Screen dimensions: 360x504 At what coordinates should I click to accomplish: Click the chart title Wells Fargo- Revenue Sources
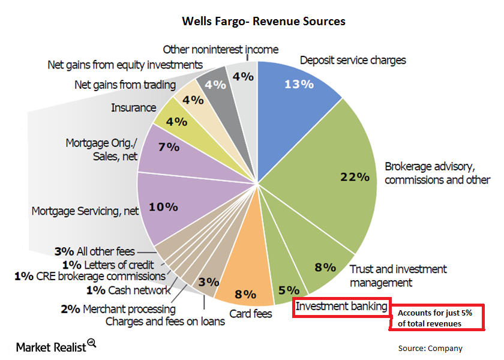(264, 21)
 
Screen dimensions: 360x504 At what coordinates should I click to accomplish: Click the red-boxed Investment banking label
(341, 307)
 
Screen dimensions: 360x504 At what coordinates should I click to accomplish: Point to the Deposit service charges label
(353, 60)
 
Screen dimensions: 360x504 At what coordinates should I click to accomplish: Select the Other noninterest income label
(221, 49)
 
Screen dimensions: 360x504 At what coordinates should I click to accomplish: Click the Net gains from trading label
(125, 85)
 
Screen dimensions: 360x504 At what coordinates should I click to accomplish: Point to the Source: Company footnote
(430, 348)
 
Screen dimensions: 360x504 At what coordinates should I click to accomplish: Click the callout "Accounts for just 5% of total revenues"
(437, 317)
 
